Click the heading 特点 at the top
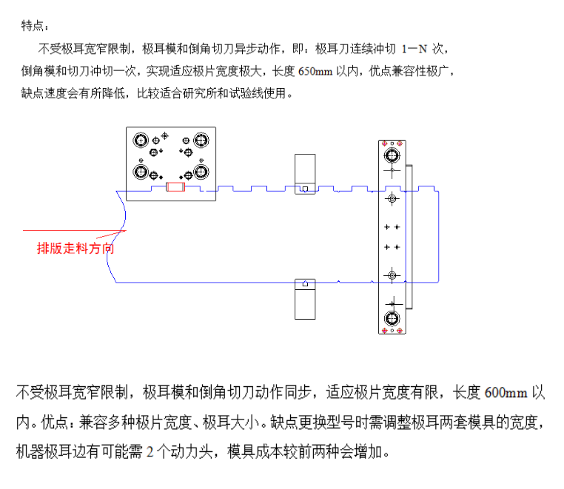pos(33,26)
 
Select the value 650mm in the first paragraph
pos(315,71)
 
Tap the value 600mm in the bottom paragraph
pos(506,392)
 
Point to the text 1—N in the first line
pos(414,49)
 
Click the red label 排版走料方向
pos(75,248)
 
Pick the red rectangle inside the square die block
pos(175,187)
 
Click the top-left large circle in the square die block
pos(141,141)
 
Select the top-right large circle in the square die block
pos(201,141)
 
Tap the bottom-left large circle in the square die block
pos(141,172)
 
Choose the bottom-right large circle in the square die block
pos(201,172)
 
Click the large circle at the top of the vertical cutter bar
pos(392,156)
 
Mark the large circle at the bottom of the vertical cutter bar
pos(392,318)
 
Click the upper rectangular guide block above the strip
pos(305,175)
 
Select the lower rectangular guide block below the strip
pos(305,299)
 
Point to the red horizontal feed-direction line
pos(75,231)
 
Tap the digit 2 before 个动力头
pos(150,451)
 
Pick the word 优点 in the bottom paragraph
pos(54,422)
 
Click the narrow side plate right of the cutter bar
pos(409,237)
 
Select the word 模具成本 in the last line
pos(255,451)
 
